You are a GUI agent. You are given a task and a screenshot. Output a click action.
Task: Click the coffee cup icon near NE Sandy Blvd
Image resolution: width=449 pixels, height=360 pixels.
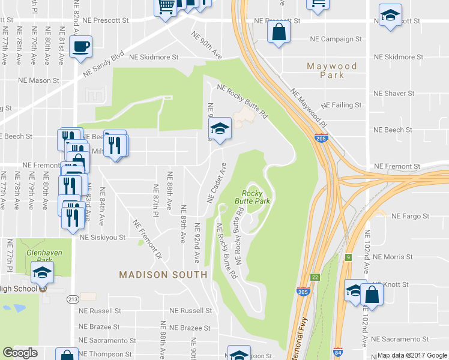click(80, 46)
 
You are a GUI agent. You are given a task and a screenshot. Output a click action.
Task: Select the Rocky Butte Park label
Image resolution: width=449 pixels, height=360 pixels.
click(252, 197)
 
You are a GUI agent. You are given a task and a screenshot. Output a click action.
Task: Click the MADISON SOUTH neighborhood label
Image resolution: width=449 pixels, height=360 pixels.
click(163, 275)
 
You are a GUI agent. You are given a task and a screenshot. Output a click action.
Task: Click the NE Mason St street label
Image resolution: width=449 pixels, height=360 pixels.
click(39, 79)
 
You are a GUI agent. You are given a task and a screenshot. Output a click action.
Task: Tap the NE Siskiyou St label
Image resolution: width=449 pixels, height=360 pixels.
click(103, 237)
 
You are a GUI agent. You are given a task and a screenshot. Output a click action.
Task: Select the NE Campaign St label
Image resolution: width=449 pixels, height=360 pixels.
click(336, 39)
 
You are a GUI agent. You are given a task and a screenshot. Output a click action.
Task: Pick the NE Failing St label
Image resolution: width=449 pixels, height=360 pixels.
click(342, 104)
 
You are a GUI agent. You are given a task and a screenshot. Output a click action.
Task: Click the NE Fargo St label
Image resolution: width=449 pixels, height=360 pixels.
click(411, 216)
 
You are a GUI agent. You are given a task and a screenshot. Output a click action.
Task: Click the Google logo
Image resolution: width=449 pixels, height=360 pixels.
click(20, 353)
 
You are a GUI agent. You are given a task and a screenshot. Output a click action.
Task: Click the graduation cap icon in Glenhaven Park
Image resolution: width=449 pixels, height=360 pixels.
click(42, 273)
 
